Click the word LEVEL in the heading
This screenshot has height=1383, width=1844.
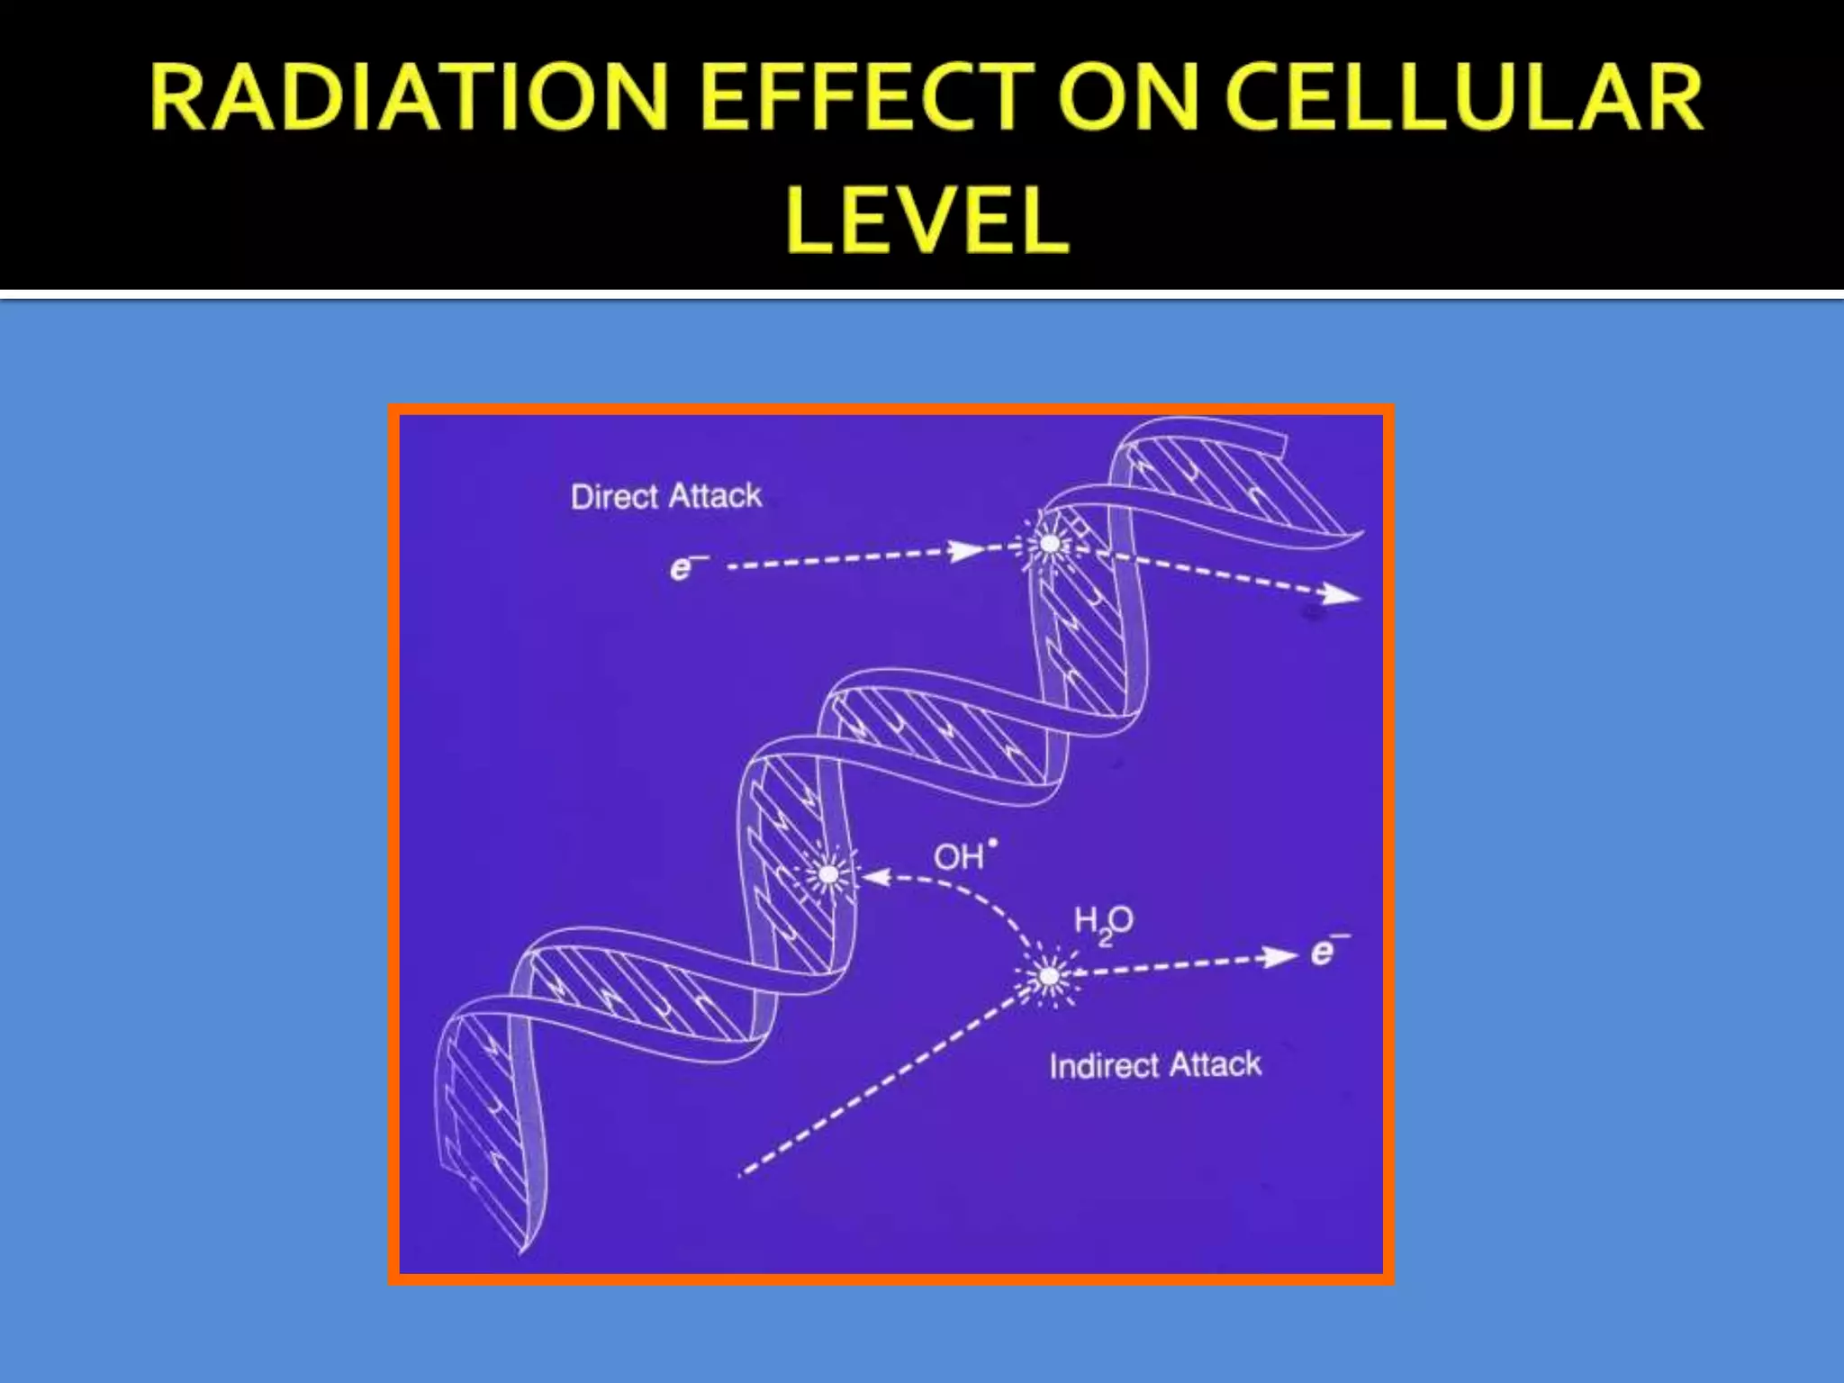(x=927, y=220)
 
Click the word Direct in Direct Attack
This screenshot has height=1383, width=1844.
(x=616, y=497)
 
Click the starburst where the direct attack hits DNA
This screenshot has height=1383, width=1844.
(x=1049, y=543)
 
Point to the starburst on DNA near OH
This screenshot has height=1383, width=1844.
(x=827, y=873)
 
